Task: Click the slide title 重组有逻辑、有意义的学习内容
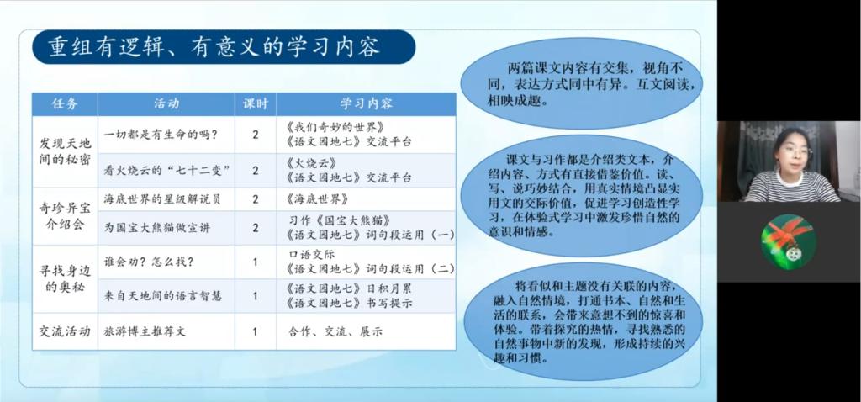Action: point(214,47)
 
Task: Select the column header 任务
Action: point(65,104)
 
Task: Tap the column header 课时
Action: point(256,104)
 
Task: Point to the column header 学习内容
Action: point(367,104)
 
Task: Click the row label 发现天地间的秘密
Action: point(65,151)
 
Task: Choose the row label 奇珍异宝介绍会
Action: point(65,216)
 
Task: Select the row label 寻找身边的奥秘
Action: point(65,278)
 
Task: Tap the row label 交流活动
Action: point(65,331)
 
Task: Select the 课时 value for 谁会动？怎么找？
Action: point(256,262)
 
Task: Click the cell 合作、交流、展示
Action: point(335,331)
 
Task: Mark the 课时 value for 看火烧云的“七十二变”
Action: point(256,170)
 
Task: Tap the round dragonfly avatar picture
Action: point(789,241)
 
